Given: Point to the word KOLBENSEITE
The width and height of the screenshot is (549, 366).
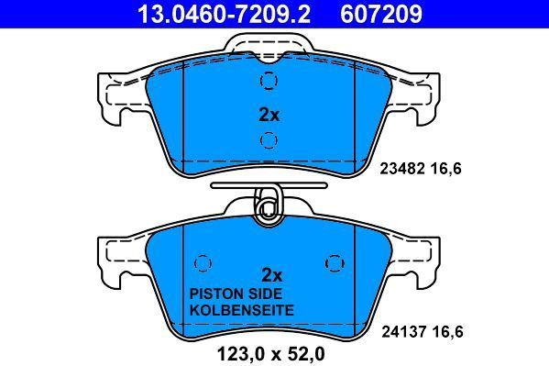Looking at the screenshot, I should tap(240, 311).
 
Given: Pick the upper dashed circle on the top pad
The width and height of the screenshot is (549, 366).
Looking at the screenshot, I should tap(268, 82).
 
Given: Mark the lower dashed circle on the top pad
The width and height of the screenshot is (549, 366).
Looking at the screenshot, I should tap(268, 139).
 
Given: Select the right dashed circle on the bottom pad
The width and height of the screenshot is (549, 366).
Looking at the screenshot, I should tap(333, 263).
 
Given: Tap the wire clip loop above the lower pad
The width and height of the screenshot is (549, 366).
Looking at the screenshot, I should tap(268, 205).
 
